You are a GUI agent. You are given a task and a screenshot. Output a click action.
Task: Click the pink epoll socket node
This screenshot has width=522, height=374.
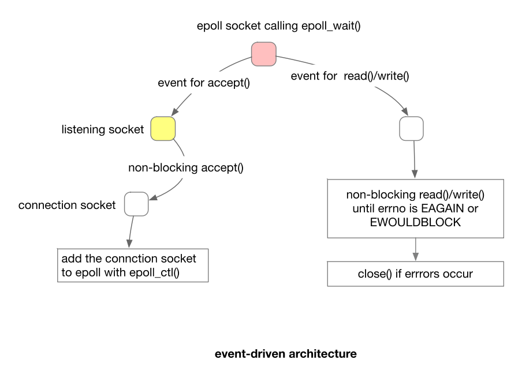(264, 54)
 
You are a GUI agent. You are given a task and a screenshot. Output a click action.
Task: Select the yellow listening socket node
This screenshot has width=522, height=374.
(163, 128)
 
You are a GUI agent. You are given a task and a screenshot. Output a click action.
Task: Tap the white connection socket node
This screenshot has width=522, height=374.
(136, 204)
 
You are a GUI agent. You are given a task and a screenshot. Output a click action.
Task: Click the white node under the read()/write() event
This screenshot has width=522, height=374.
(412, 128)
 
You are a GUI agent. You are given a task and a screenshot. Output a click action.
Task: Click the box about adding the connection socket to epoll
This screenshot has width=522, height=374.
(133, 265)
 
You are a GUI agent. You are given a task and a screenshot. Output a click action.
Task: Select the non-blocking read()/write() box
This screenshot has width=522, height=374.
(415, 208)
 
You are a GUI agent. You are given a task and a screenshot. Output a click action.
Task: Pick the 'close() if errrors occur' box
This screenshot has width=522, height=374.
(415, 274)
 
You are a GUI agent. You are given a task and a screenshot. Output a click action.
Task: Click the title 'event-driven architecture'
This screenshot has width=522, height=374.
(285, 354)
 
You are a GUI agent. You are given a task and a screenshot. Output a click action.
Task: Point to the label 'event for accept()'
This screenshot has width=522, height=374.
(203, 83)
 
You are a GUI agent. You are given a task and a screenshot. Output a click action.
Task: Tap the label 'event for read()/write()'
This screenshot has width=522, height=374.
(350, 76)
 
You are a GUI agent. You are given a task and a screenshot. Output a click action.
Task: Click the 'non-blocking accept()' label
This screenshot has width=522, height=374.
(186, 168)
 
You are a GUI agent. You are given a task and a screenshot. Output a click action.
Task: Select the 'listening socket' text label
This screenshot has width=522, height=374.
(103, 129)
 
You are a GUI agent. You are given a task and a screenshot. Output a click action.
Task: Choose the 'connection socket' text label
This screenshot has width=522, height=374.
(67, 205)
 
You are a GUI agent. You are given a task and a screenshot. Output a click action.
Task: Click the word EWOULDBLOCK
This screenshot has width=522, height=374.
(415, 222)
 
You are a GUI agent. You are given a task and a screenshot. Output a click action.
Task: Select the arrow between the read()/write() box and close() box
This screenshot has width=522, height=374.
(415, 249)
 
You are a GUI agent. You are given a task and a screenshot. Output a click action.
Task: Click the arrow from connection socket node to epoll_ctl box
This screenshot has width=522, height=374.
(130, 231)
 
